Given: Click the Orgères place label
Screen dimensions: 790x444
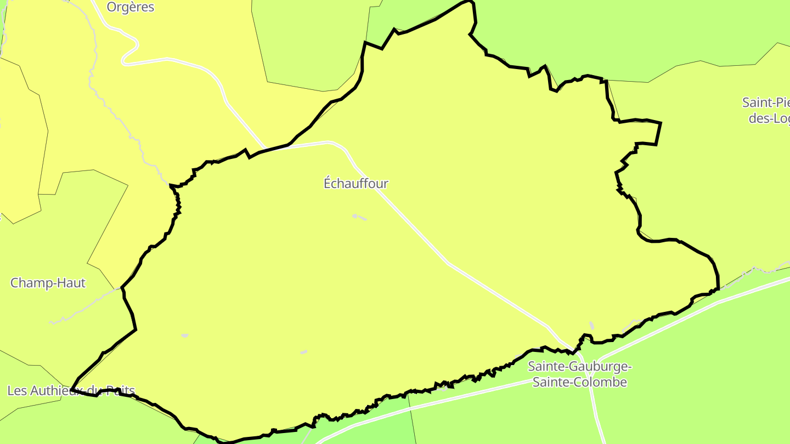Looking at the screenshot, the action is [x=131, y=7].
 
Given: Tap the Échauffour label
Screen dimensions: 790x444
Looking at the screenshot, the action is [x=356, y=184].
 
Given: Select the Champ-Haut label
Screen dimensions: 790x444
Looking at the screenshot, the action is [x=48, y=283].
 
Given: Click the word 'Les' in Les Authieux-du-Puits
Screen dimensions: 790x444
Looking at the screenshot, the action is [x=16, y=391].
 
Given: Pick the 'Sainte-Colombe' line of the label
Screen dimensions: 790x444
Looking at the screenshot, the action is [x=580, y=382].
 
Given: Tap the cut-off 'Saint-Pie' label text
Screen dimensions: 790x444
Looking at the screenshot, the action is [x=766, y=103].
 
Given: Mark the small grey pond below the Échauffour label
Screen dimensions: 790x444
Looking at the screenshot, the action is [x=359, y=217].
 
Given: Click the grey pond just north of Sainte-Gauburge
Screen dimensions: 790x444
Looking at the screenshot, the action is [x=591, y=326].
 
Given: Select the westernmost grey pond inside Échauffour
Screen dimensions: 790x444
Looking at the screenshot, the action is [x=185, y=335].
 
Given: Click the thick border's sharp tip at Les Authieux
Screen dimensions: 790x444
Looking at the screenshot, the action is [x=72, y=390].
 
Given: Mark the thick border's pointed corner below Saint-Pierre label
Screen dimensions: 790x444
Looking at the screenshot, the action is [x=660, y=123].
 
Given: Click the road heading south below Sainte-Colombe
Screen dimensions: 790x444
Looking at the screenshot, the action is [x=597, y=417].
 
